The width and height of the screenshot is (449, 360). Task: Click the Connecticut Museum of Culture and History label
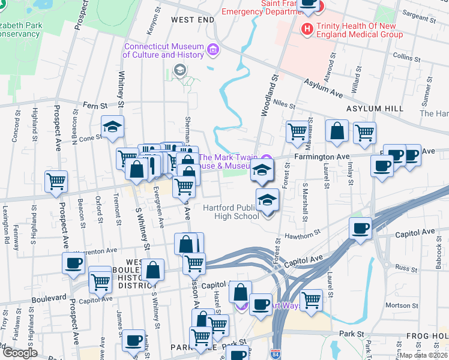click(163, 51)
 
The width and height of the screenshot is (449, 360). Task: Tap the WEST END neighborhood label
click(192, 20)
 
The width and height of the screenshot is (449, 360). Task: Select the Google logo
click(19, 353)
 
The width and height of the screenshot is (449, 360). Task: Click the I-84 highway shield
click(276, 354)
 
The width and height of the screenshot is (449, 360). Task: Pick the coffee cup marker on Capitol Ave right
click(361, 229)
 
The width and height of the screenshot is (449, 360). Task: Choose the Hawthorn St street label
click(299, 236)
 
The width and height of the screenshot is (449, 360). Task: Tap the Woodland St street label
click(267, 96)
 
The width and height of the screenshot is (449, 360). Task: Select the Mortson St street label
click(397, 305)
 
